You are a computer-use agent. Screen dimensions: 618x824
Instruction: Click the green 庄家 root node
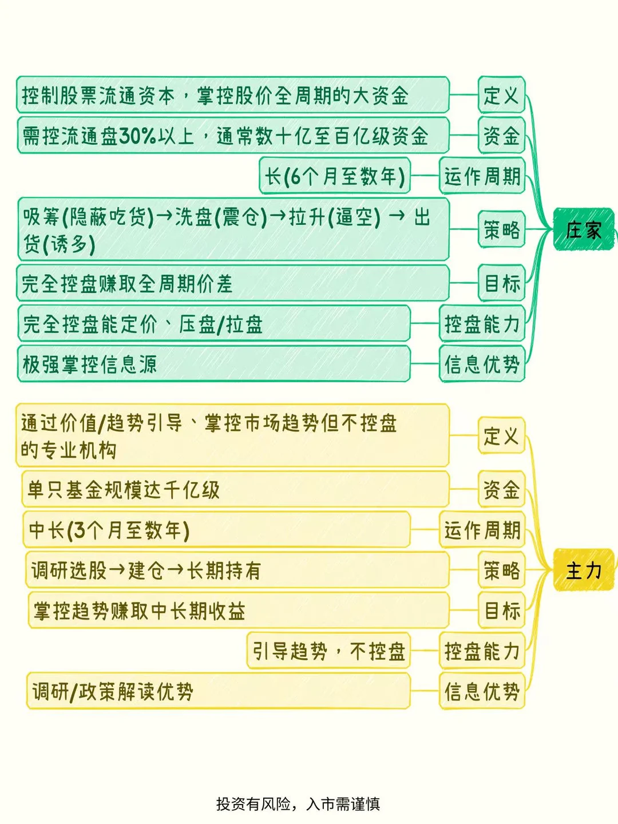point(583,229)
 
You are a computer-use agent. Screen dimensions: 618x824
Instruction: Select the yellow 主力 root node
point(583,570)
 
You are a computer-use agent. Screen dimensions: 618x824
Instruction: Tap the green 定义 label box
point(501,95)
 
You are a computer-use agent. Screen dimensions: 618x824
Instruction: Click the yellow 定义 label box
point(501,435)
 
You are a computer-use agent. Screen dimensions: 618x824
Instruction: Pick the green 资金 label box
point(501,136)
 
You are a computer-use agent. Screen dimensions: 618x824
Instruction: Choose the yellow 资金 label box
point(501,490)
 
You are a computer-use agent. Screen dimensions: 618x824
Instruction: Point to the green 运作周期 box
point(482,176)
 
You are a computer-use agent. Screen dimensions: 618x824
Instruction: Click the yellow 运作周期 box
point(482,530)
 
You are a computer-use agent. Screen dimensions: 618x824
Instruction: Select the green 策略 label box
point(501,229)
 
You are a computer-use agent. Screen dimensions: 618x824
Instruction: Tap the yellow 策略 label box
point(501,570)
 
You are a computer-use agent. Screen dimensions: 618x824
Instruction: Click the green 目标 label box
point(501,283)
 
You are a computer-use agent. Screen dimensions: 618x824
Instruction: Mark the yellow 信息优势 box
point(482,691)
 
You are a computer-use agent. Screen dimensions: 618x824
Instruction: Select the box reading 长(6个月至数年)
point(335,176)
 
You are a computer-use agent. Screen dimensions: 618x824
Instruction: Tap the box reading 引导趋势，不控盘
point(329,651)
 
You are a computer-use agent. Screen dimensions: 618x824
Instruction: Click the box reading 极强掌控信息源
point(213,364)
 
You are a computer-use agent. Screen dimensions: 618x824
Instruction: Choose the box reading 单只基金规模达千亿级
point(235,490)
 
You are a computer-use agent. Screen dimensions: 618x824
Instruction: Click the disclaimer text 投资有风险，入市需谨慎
point(298,804)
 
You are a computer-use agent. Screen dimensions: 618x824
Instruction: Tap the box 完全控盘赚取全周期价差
point(232,283)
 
